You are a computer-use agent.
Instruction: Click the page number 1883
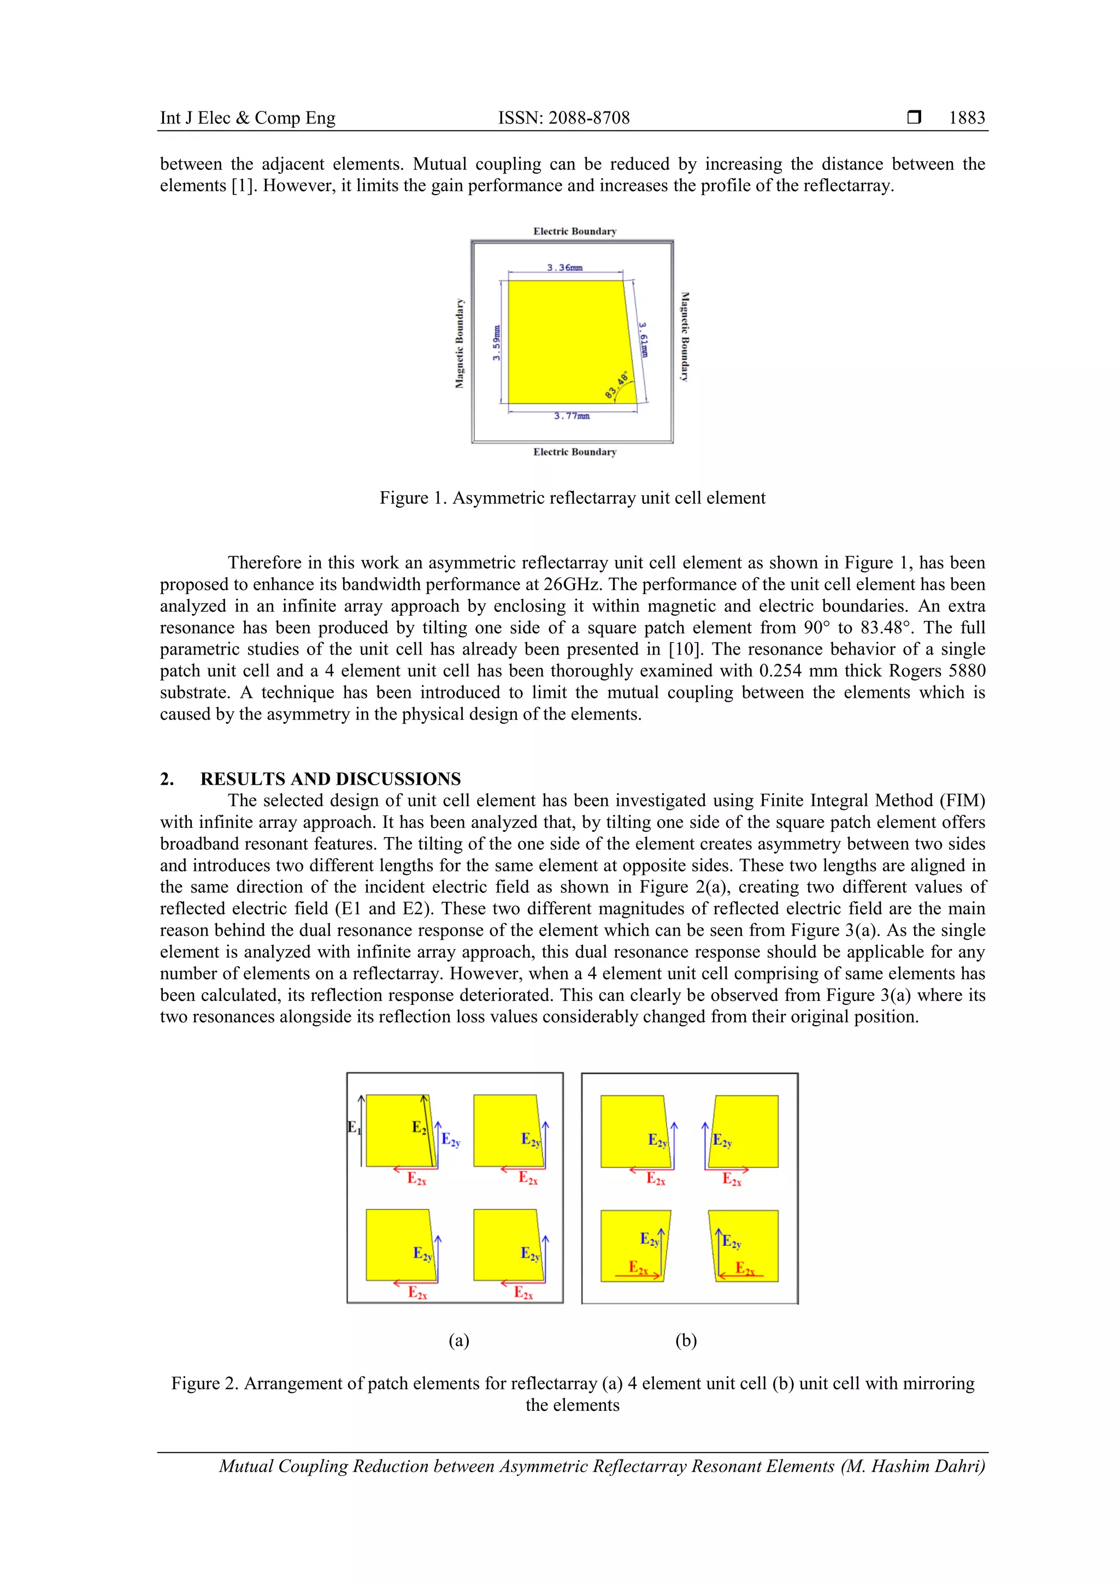coord(966,118)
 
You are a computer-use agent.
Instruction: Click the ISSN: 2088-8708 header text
coord(563,118)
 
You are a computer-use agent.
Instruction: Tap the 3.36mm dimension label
coord(564,268)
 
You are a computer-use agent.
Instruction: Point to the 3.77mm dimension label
coord(572,416)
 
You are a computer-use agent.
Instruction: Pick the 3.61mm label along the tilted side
coord(643,339)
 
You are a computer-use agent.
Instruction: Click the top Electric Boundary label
coord(574,231)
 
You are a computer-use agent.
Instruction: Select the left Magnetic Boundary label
coord(459,343)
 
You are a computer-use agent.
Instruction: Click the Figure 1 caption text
coord(572,498)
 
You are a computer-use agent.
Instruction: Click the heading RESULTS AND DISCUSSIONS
coord(330,779)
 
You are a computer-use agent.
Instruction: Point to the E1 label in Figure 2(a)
coord(353,1127)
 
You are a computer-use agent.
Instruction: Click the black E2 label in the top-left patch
coord(419,1127)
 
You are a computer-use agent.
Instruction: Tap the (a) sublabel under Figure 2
coord(458,1340)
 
